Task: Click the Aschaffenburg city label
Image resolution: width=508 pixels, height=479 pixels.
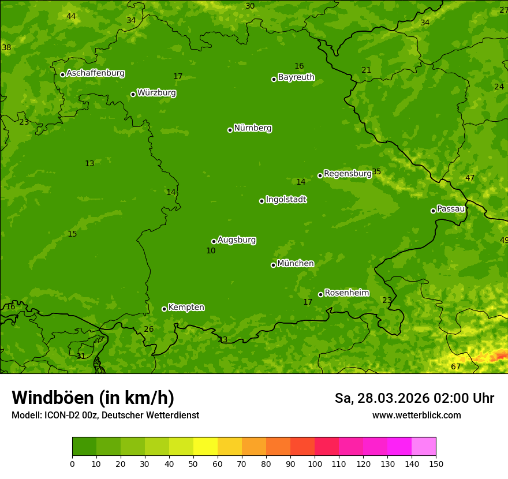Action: pyautogui.click(x=95, y=73)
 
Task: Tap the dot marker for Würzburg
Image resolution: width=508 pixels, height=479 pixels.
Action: pyautogui.click(x=133, y=94)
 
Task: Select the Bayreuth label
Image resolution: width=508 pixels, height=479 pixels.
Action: pyautogui.click(x=296, y=77)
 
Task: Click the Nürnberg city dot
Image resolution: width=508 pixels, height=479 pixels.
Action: pyautogui.click(x=230, y=130)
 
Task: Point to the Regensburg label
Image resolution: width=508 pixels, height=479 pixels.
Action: pyautogui.click(x=348, y=173)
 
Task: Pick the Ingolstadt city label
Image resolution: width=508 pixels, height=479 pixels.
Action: pyautogui.click(x=286, y=200)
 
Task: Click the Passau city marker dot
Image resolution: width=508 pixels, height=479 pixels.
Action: pyautogui.click(x=433, y=211)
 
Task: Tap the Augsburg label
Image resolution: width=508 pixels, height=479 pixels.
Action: pyautogui.click(x=237, y=240)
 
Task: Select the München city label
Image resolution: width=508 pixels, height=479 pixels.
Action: pyautogui.click(x=296, y=263)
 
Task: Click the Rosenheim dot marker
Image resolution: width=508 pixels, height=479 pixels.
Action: pyautogui.click(x=320, y=295)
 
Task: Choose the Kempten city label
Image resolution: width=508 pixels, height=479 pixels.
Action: pyautogui.click(x=186, y=307)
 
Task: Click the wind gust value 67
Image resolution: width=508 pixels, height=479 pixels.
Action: pyautogui.click(x=456, y=366)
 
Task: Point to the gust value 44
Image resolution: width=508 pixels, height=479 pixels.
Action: pyautogui.click(x=71, y=16)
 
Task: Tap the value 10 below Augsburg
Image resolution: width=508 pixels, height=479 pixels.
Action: pyautogui.click(x=211, y=250)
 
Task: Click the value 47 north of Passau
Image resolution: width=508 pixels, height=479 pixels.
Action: pyautogui.click(x=470, y=178)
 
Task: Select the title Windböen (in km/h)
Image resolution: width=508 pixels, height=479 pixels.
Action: pyautogui.click(x=93, y=398)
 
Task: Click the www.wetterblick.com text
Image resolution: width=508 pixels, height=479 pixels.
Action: pyautogui.click(x=416, y=415)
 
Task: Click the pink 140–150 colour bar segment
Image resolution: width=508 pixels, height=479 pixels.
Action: pyautogui.click(x=424, y=446)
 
